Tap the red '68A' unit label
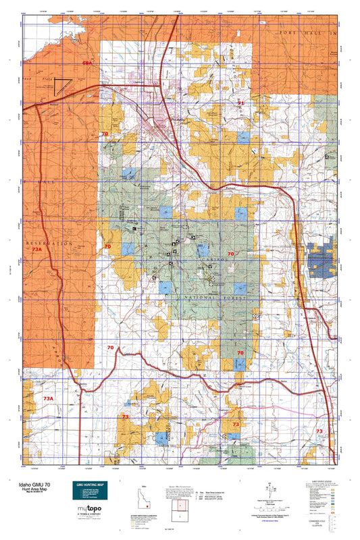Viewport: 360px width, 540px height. [86, 63]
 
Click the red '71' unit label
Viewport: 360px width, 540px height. [240, 103]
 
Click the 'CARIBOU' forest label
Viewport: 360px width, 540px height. [210, 258]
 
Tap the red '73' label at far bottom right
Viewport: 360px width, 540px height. [319, 431]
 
